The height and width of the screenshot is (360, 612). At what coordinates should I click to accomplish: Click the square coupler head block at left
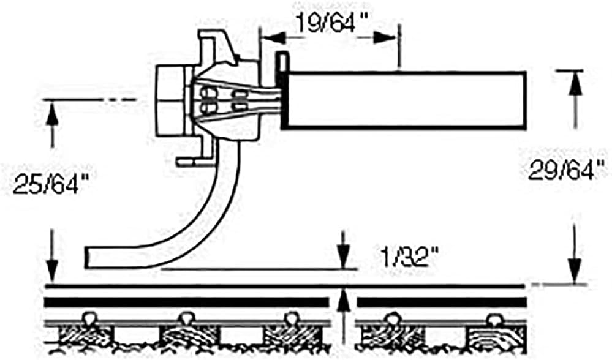(170, 101)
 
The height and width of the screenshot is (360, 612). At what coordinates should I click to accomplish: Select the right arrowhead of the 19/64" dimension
(390, 37)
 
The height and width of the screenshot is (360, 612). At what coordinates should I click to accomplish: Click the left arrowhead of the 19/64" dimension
(270, 37)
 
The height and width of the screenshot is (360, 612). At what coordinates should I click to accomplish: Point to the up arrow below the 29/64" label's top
(574, 86)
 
